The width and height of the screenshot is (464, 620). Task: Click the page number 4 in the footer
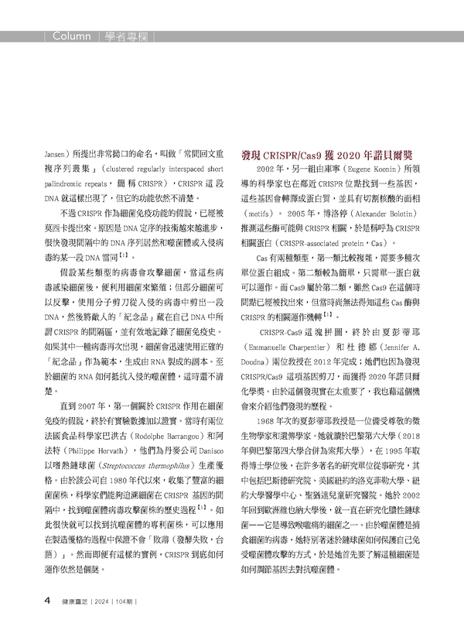pyautogui.click(x=47, y=600)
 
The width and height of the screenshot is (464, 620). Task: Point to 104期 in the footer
pyautogui.click(x=132, y=601)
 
